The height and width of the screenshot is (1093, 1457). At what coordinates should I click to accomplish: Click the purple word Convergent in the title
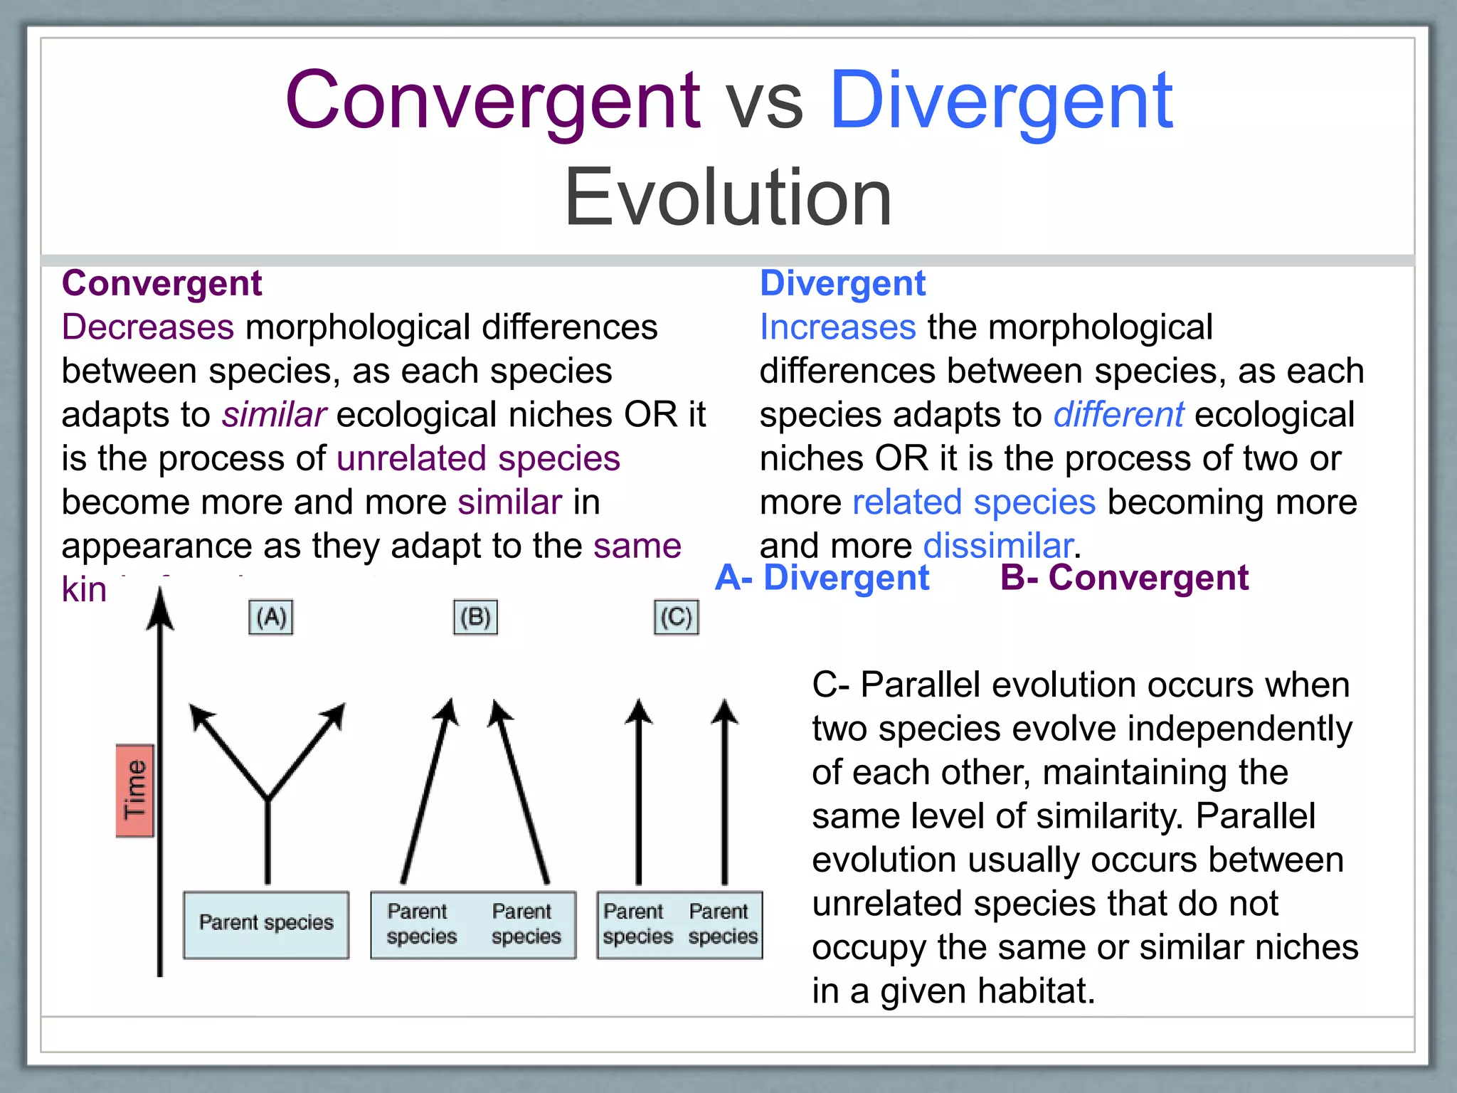click(492, 101)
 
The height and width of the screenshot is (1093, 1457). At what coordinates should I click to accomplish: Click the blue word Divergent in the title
click(1001, 101)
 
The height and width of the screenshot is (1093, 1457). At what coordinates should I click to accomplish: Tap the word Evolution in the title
click(728, 197)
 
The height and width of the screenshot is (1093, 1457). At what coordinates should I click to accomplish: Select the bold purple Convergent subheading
click(162, 283)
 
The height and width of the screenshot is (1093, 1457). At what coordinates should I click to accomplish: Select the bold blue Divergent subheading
click(842, 283)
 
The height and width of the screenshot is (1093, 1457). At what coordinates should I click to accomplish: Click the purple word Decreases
click(148, 327)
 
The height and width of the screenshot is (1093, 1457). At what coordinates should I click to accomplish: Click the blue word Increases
click(837, 327)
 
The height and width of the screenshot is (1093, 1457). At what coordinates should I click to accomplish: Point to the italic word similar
click(274, 415)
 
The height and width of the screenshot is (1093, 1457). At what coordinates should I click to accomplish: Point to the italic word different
click(1118, 415)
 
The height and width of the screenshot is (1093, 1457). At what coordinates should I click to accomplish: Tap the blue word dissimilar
click(998, 546)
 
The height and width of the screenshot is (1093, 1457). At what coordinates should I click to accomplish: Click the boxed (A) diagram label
click(271, 617)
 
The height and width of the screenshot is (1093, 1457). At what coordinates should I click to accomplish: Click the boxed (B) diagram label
click(475, 617)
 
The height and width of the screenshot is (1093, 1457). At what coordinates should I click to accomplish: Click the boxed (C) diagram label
click(676, 617)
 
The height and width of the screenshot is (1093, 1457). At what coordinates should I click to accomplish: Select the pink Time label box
click(135, 791)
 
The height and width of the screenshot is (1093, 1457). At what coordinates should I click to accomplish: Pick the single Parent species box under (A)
click(266, 924)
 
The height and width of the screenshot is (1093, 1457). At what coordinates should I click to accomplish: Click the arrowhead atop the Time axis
click(160, 608)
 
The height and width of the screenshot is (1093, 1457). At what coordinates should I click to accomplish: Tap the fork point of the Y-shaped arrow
click(268, 798)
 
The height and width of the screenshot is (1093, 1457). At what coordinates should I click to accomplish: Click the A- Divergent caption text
click(822, 577)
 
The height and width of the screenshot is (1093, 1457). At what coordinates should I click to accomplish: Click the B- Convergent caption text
click(1124, 577)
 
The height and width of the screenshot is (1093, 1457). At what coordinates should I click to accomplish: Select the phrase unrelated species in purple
click(478, 458)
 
